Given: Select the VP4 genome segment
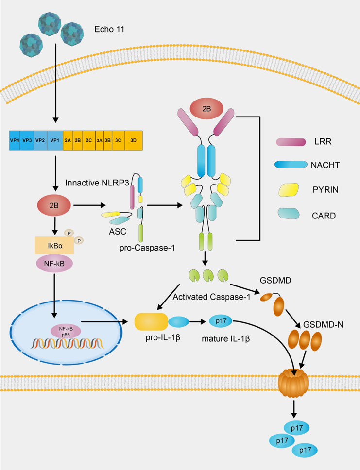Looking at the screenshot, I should coord(15,140).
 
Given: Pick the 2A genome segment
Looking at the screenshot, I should coord(68,140).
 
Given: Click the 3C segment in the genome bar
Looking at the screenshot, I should coord(118,140).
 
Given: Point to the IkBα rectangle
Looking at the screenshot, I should coord(54,246).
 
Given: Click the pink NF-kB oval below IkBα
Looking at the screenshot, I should coord(54,265).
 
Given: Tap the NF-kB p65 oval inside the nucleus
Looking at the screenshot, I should coord(66,330).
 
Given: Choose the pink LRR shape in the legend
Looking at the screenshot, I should coord(291,142).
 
